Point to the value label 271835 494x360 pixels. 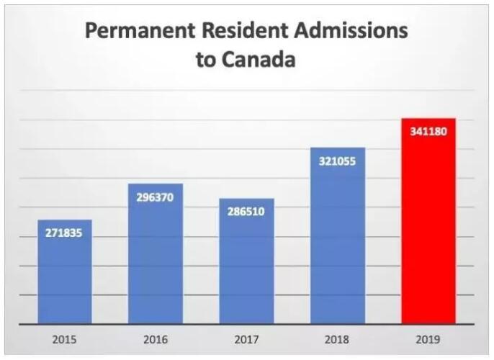(65, 235)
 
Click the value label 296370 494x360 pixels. (156, 198)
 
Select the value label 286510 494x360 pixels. (246, 213)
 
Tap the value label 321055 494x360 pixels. (337, 162)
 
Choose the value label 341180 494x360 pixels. (428, 132)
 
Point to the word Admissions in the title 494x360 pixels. (349, 32)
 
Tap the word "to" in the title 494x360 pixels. (205, 60)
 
